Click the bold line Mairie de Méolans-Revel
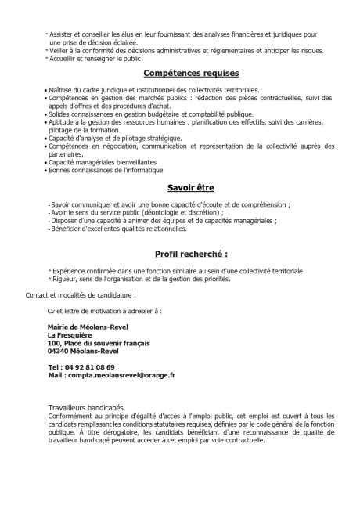pos(88,326)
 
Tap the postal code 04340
pos(59,351)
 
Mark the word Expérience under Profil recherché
pos(69,270)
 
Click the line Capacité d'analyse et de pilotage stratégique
pos(116,138)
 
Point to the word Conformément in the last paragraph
pos(70,417)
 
